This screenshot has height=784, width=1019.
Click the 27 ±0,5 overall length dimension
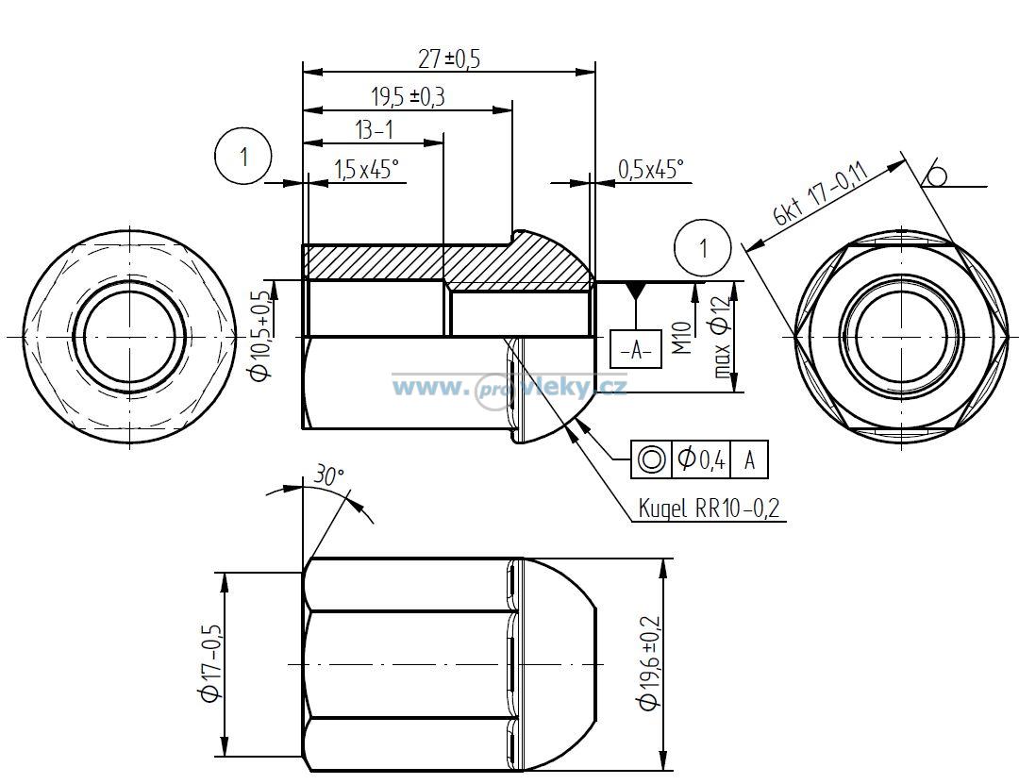[449, 59]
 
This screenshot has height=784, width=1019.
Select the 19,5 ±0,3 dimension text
[409, 97]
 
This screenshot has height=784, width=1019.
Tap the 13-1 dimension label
[375, 130]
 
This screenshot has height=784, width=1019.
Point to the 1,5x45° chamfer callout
[366, 171]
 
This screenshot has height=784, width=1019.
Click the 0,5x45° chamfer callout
[650, 170]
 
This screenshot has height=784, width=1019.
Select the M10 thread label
[682, 338]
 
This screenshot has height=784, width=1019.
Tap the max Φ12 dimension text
[722, 338]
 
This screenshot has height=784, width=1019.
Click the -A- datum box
[636, 349]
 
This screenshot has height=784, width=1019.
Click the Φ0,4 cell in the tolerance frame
[701, 459]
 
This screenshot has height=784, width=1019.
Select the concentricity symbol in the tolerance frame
[651, 459]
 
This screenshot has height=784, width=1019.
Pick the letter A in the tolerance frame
[749, 459]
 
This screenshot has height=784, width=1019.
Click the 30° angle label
[328, 475]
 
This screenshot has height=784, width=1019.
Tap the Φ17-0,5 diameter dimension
[212, 663]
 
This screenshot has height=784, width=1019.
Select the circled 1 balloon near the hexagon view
[703, 248]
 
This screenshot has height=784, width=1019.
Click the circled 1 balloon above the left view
[243, 157]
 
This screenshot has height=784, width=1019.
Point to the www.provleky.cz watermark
[509, 388]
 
